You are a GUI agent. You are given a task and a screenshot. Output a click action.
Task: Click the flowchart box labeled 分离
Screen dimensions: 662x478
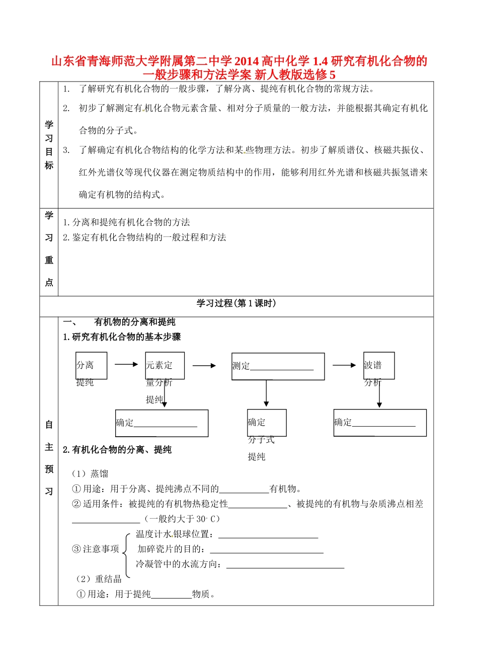click(x=91, y=366)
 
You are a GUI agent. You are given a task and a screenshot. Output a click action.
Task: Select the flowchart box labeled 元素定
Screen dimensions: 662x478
click(x=165, y=365)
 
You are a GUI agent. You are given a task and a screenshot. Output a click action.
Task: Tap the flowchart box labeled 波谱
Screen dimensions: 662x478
click(x=379, y=365)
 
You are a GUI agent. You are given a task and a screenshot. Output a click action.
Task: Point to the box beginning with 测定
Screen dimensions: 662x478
click(x=278, y=366)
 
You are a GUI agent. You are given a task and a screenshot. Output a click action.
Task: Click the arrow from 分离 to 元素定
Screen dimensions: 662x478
click(x=126, y=365)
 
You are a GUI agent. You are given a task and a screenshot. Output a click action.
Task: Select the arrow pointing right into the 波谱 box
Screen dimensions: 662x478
click(x=344, y=365)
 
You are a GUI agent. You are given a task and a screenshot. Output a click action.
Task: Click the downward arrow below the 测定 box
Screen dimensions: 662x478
click(x=266, y=393)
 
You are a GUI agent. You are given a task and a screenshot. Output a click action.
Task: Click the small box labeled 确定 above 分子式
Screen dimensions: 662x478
click(x=267, y=423)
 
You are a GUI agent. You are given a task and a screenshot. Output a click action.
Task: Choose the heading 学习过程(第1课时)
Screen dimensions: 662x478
click(x=236, y=304)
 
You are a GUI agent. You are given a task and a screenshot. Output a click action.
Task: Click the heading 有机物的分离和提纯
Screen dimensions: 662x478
click(x=134, y=322)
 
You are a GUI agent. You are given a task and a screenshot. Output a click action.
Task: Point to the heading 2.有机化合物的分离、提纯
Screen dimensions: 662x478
click(x=117, y=450)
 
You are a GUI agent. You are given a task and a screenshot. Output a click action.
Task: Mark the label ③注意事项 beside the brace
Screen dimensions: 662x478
click(x=96, y=549)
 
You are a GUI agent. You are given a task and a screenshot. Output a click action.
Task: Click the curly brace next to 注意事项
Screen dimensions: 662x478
click(x=127, y=549)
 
